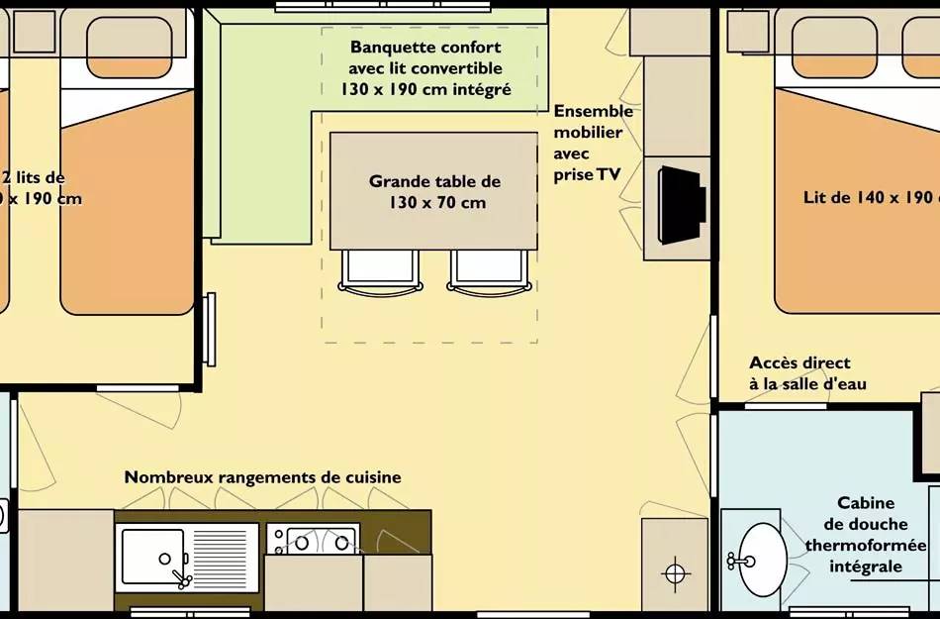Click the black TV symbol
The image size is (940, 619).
(682, 205)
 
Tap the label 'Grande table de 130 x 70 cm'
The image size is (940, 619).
(434, 192)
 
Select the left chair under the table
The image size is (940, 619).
(380, 270)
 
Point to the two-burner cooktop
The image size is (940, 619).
(313, 541)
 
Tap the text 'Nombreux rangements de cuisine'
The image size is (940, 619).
(262, 477)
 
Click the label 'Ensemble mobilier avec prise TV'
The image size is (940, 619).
(592, 143)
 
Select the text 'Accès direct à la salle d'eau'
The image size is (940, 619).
(806, 373)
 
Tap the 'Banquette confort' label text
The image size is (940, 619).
(425, 48)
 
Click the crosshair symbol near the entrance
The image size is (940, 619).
(675, 572)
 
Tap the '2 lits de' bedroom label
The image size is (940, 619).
(35, 178)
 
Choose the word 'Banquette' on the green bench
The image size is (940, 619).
(387, 48)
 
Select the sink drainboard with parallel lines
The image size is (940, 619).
(223, 558)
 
